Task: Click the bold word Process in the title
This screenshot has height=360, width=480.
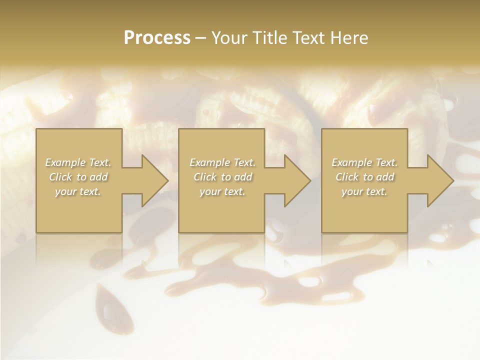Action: [157, 38]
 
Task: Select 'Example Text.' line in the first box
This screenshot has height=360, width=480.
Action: [78, 162]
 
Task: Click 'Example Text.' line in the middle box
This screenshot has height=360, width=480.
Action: [222, 162]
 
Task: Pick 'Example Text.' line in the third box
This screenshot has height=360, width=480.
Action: [364, 162]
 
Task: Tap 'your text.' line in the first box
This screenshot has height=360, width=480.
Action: [78, 191]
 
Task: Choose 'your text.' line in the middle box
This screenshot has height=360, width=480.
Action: [222, 191]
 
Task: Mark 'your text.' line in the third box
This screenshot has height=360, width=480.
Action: [364, 191]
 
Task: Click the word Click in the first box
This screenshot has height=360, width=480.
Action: [60, 177]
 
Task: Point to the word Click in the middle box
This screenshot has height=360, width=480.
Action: [205, 177]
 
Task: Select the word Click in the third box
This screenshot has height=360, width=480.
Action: [347, 177]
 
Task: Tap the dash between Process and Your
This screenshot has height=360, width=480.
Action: [201, 38]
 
